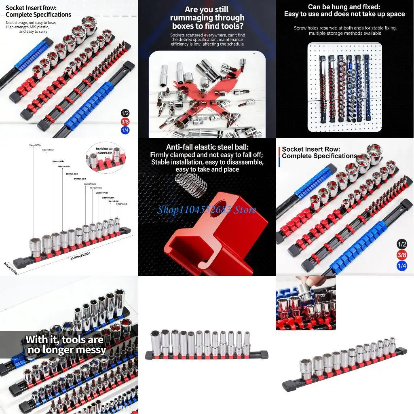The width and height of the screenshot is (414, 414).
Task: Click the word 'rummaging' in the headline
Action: pyautogui.click(x=191, y=18)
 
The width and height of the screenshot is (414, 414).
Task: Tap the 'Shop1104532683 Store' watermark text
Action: pyautogui.click(x=207, y=209)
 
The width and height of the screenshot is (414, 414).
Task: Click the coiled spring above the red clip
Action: pyautogui.click(x=192, y=184)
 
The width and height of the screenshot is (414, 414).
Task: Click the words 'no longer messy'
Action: pyautogui.click(x=67, y=350)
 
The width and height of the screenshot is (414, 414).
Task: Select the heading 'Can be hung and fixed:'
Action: pyautogui.click(x=344, y=6)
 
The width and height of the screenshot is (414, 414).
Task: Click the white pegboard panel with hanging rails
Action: pyautogui.click(x=344, y=87)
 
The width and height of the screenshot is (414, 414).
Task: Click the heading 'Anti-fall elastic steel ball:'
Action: pyautogui.click(x=207, y=147)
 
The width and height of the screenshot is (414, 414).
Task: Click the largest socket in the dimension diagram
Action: pyautogui.click(x=36, y=246)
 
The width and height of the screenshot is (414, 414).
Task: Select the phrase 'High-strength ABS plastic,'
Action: pyautogui.click(x=27, y=27)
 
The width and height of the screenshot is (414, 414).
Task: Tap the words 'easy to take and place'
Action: pyautogui.click(x=207, y=169)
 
